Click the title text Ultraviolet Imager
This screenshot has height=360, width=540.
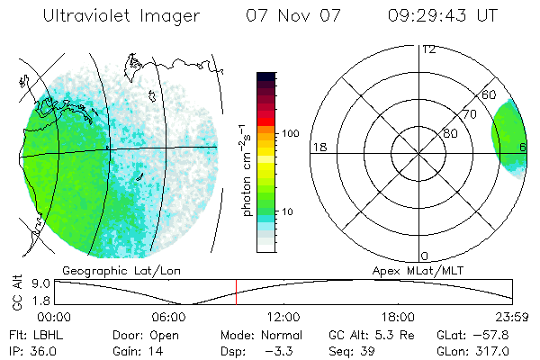point(120,17)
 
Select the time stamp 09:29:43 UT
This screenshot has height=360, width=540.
point(442,17)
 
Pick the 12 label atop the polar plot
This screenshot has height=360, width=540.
point(428,49)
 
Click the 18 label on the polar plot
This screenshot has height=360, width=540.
point(318,147)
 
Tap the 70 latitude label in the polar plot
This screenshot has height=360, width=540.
point(469,114)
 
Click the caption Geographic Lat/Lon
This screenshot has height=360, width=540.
point(112,270)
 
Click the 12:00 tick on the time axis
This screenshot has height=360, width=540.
point(283,316)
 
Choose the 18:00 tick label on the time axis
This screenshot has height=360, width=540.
point(398,316)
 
